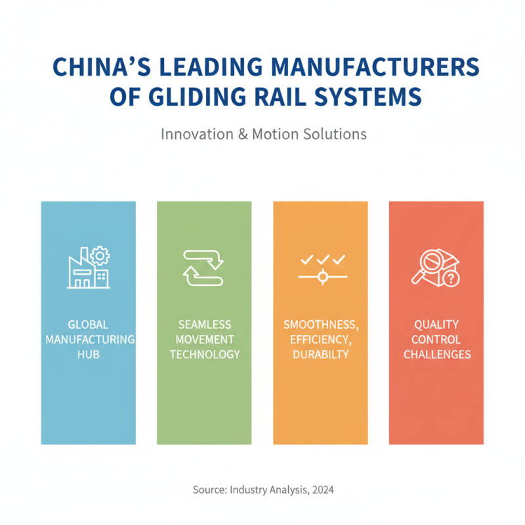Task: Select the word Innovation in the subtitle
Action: coord(193,134)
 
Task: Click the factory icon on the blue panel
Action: coord(85,273)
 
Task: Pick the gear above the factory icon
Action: coord(101,255)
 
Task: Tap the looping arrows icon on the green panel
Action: coord(203,268)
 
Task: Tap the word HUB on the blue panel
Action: coord(88,354)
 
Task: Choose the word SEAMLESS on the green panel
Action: coord(203,324)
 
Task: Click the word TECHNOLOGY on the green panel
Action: coord(204,354)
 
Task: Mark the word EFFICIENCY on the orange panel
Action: coord(320,339)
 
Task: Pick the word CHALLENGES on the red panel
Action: coord(436,354)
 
